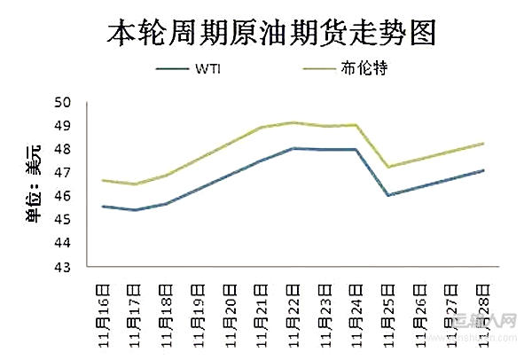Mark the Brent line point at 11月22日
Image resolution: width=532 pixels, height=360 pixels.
tap(293, 122)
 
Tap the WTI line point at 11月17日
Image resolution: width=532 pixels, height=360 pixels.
tap(135, 210)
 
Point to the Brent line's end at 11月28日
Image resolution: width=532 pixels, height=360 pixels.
tap(483, 143)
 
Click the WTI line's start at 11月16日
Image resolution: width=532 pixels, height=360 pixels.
tap(103, 207)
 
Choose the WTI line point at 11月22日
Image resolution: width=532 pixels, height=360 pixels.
tap(293, 148)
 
